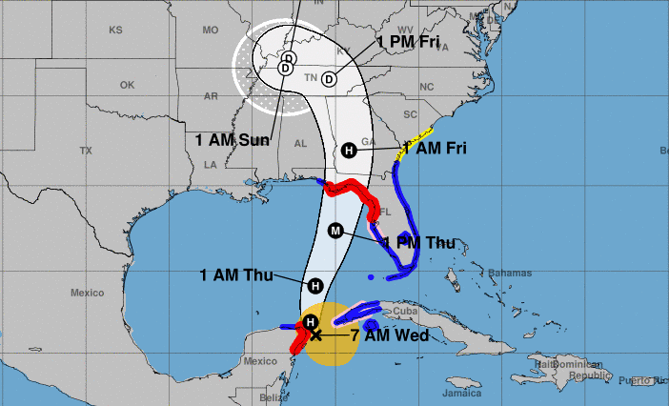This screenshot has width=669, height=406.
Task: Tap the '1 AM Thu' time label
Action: coord(236,275)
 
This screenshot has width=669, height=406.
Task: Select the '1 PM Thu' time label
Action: coord(419,243)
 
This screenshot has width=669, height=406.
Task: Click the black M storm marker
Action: coord(334,230)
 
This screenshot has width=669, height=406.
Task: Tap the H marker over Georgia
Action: coord(349,151)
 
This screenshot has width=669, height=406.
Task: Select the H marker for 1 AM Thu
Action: coord(314,285)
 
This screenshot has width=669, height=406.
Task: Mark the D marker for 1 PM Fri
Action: coord(329,79)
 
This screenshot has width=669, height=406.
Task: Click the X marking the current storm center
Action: coord(316,335)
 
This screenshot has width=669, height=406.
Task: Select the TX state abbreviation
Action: coord(86,151)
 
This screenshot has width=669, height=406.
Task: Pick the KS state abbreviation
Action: coord(115,30)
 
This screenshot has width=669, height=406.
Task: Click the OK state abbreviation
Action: coord(126,85)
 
